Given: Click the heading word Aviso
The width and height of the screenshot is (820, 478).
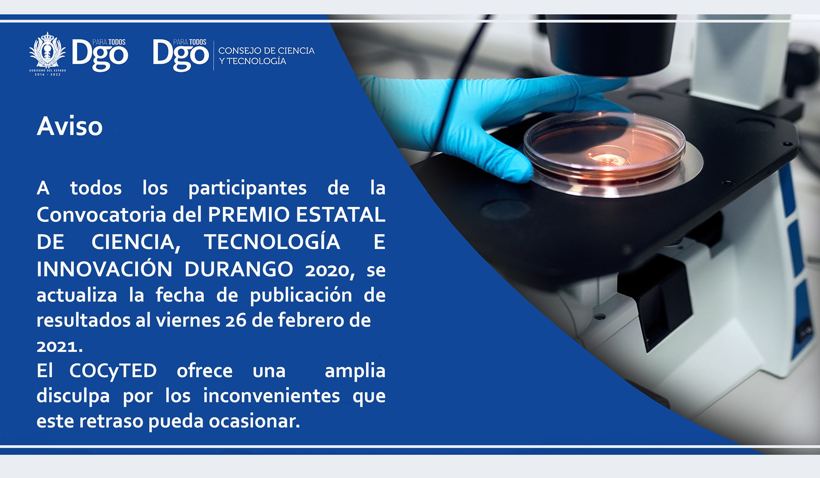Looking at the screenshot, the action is click(70, 126).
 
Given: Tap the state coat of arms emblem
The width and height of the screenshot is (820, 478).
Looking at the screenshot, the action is click(48, 54).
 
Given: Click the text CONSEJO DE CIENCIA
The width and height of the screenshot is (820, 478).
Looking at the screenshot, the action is click(267, 51).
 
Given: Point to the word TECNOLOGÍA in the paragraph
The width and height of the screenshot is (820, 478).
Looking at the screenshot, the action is click(272, 242).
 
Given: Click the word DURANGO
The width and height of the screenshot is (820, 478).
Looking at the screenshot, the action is click(239, 269).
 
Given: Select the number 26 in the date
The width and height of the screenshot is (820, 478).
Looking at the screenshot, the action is click(236, 321).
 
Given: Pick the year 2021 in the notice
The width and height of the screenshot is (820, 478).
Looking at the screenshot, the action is click(59, 346).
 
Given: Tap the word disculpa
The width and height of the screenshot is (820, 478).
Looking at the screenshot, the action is click(73, 396).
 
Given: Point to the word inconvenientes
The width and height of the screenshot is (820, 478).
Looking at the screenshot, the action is click(271, 396).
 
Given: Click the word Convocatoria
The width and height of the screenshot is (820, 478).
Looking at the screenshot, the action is click(101, 215).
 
